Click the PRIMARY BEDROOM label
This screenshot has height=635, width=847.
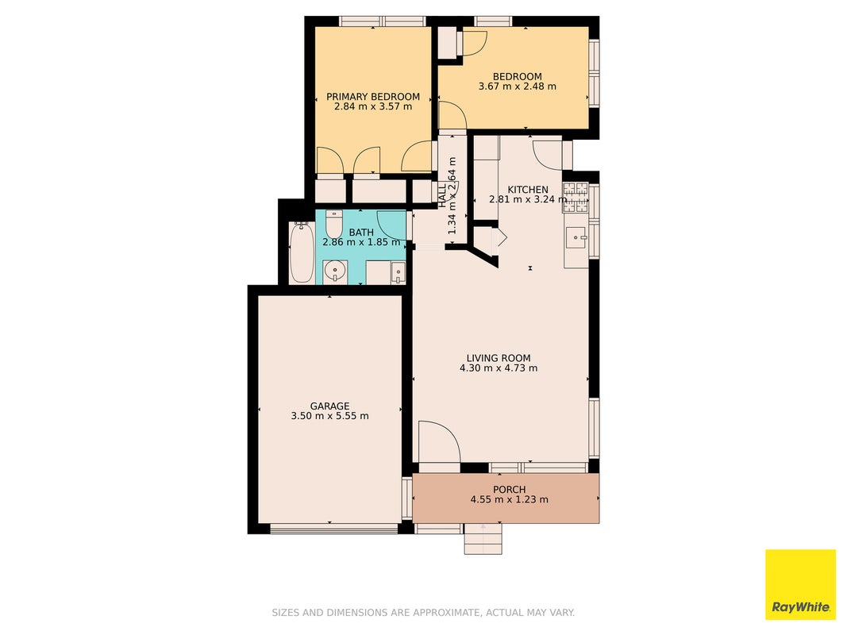point(373,97)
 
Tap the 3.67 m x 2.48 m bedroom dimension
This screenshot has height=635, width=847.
point(517,87)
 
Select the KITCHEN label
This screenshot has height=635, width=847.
point(528,190)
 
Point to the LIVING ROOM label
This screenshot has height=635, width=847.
point(498,358)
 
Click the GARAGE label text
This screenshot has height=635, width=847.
point(329,406)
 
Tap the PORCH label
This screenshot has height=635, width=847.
point(509,490)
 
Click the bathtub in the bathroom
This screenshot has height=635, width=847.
point(302,252)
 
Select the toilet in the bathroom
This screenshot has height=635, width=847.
point(334,224)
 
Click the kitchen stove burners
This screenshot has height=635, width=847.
point(576,197)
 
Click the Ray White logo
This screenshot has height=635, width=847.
point(800,584)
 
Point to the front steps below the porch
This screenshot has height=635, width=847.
point(483,538)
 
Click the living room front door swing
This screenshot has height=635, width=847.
point(439,442)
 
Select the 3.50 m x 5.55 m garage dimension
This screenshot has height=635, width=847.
point(329,416)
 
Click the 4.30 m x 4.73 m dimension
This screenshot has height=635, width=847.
point(498,368)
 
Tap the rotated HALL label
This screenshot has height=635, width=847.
point(442,196)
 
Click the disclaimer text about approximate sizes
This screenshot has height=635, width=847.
point(423,612)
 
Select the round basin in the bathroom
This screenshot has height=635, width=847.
point(336,271)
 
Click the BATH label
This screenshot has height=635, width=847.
point(361,233)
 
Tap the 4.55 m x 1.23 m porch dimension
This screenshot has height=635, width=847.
point(509,500)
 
